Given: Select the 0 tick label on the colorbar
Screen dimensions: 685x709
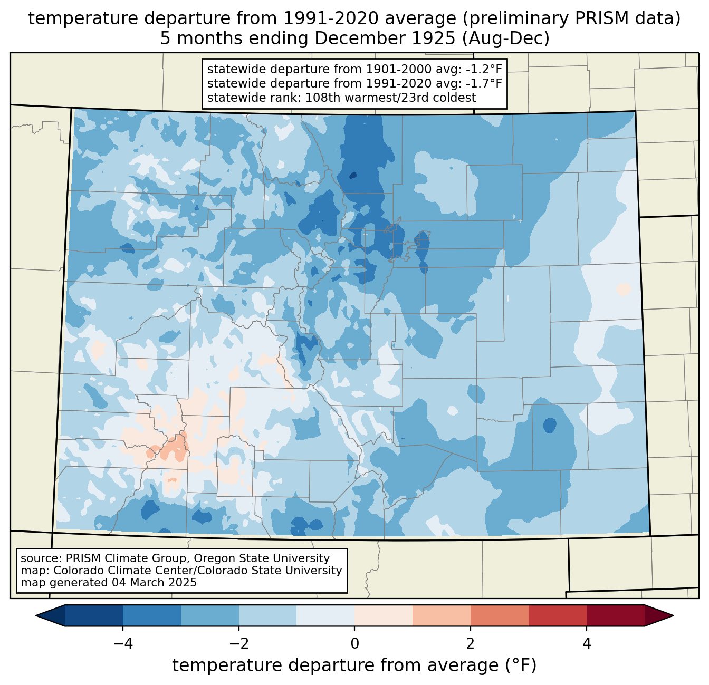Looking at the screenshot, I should pos(354,643).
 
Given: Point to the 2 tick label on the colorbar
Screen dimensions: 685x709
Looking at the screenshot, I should pos(471,643).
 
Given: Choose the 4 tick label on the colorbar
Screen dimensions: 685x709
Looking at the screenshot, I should pos(587,643).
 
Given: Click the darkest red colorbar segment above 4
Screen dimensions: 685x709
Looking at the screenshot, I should pos(615,615).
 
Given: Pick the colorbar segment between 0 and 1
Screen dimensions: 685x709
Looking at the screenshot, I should pos(384,615).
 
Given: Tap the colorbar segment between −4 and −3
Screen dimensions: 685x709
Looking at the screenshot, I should pos(152,615).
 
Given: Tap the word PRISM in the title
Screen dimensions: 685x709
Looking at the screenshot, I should pos(607,18).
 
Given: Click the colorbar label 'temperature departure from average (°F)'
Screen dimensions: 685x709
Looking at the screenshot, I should pos(354,665).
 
